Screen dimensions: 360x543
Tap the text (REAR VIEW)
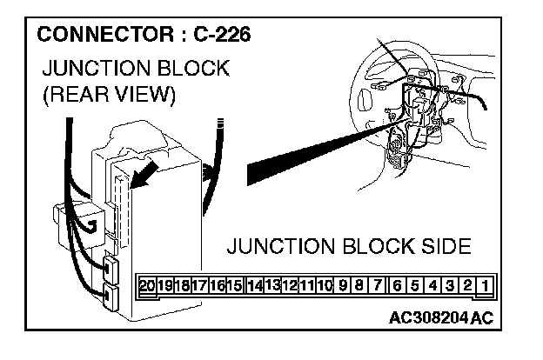[109, 95]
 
